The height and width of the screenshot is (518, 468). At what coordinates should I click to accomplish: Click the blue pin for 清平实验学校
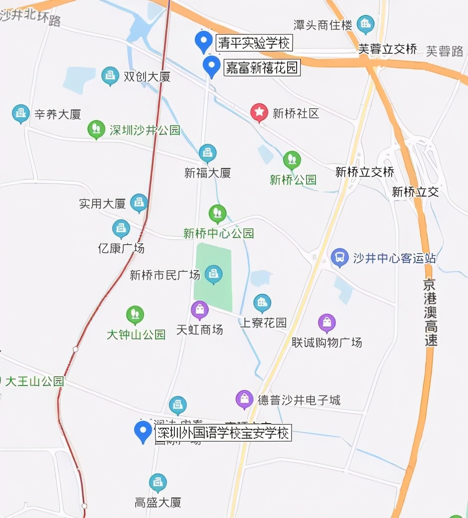coord(203,41)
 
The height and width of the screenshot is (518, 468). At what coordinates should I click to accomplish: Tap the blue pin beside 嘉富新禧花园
coord(212,65)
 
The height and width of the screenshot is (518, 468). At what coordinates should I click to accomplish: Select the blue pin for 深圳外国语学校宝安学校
coord(144,431)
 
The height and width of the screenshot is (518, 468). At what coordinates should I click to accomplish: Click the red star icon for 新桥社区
coord(259,113)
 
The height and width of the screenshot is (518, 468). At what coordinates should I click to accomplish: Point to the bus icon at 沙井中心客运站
coord(340,258)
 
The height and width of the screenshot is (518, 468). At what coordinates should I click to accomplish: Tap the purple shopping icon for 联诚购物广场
coord(327,323)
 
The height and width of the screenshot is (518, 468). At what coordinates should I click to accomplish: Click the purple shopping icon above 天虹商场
coord(200,311)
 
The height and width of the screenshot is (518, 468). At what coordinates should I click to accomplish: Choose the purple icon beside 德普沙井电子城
coord(244,399)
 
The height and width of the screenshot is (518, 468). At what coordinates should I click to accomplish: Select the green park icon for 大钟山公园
coord(135,315)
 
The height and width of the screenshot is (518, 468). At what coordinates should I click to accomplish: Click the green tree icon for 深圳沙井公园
coord(96,129)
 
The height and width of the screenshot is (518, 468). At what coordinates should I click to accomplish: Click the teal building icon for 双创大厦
coord(110,76)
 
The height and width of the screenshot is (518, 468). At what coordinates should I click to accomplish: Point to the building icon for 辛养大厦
coord(21,114)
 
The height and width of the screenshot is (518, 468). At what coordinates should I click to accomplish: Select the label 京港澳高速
coord(430,312)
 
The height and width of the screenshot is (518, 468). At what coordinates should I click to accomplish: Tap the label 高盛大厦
coord(158,502)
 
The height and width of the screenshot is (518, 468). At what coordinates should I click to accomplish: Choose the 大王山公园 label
coord(35,382)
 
